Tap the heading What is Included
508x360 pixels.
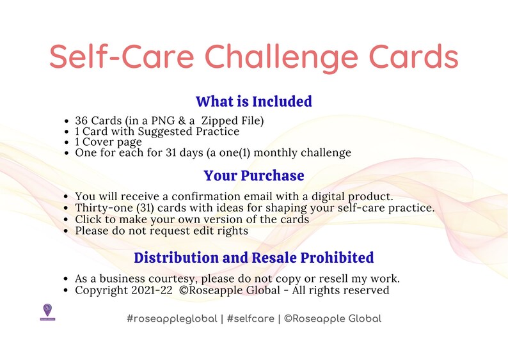coord(253,102)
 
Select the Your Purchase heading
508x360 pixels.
coord(253,175)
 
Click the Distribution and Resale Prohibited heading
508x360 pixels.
coord(253,258)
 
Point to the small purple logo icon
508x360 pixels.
coord(47,311)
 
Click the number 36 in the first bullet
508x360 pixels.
coord(81,120)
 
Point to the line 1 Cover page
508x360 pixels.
coord(109,142)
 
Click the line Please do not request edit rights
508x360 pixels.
coord(161,230)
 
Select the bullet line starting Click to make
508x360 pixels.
coord(192,219)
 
